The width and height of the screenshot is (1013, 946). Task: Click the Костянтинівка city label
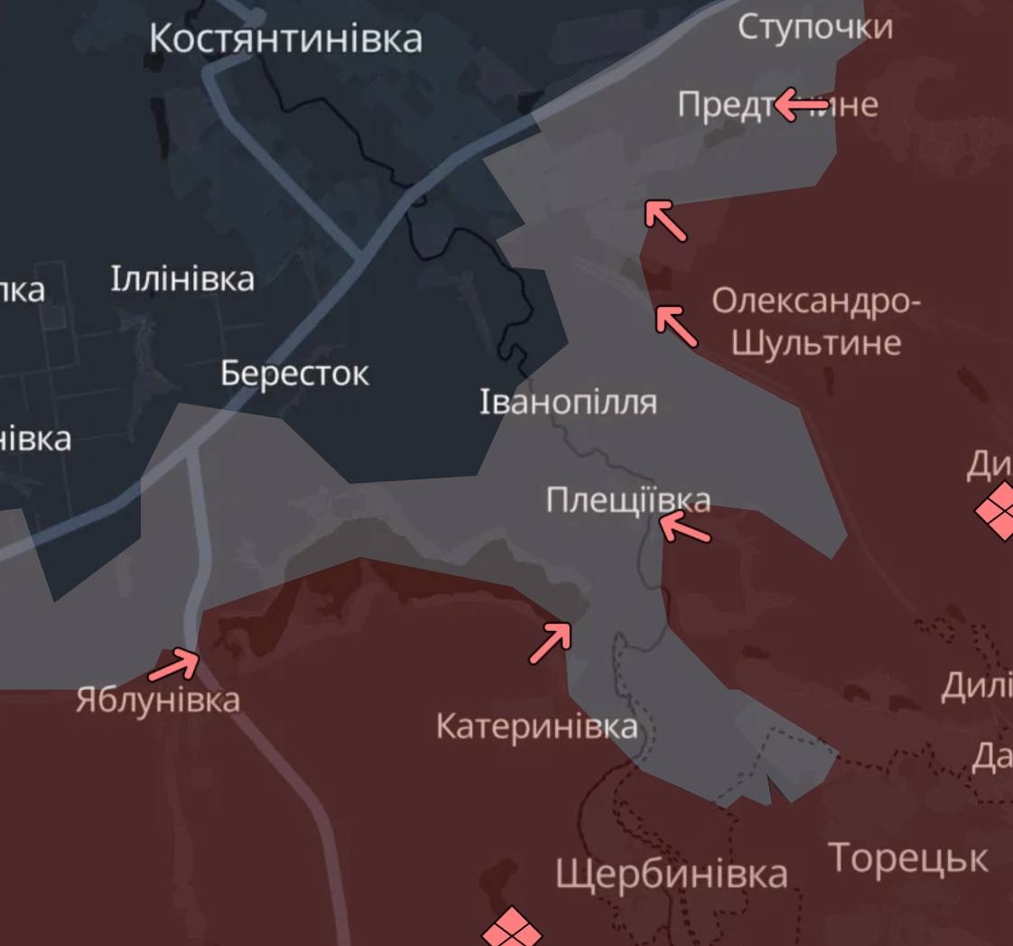pyautogui.click(x=285, y=39)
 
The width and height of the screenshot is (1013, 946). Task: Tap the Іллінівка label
pyautogui.click(x=182, y=279)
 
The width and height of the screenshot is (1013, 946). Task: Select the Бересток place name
pyautogui.click(x=294, y=373)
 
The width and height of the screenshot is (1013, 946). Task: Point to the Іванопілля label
pyautogui.click(x=568, y=402)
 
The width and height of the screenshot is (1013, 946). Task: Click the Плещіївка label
pyautogui.click(x=627, y=500)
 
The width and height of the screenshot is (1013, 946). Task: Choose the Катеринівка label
pyautogui.click(x=536, y=726)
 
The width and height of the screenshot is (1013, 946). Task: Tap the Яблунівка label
pyautogui.click(x=158, y=700)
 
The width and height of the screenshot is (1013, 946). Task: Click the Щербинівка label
pyautogui.click(x=671, y=873)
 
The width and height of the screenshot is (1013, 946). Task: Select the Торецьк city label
pyautogui.click(x=908, y=858)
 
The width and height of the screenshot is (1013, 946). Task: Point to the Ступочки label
pyautogui.click(x=815, y=27)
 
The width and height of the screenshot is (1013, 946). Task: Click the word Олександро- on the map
pyautogui.click(x=816, y=301)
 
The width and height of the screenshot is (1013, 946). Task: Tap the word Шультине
pyautogui.click(x=816, y=343)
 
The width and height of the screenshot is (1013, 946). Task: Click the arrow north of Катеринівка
pyautogui.click(x=551, y=642)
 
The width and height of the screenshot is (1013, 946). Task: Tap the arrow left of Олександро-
pyautogui.click(x=676, y=326)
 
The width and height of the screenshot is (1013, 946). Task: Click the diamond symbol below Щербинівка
pyautogui.click(x=512, y=929)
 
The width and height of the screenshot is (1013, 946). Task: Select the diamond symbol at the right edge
pyautogui.click(x=998, y=510)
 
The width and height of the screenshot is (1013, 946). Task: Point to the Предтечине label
pyautogui.click(x=777, y=105)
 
